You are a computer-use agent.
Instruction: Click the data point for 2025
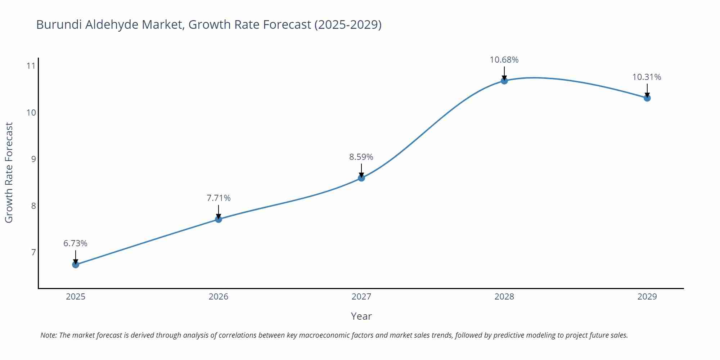(76, 265)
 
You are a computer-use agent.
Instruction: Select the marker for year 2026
(219, 219)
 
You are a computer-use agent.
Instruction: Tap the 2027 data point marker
(361, 178)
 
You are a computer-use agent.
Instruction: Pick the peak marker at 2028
(504, 81)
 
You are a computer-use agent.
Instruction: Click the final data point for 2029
(647, 98)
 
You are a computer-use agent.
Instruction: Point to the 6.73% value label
(75, 243)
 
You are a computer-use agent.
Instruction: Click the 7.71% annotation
(219, 198)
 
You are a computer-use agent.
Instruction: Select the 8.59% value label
(361, 157)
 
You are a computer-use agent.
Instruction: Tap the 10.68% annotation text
(504, 60)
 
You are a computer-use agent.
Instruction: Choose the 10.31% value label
(647, 77)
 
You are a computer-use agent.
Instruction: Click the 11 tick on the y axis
(31, 66)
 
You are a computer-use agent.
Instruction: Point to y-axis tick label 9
(33, 159)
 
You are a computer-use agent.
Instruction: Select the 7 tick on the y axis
(33, 252)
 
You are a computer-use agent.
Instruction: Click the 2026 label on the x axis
(219, 297)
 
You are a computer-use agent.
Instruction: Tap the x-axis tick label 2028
(504, 297)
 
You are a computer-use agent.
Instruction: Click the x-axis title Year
(361, 316)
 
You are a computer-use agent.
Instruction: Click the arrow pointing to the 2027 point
(361, 170)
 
